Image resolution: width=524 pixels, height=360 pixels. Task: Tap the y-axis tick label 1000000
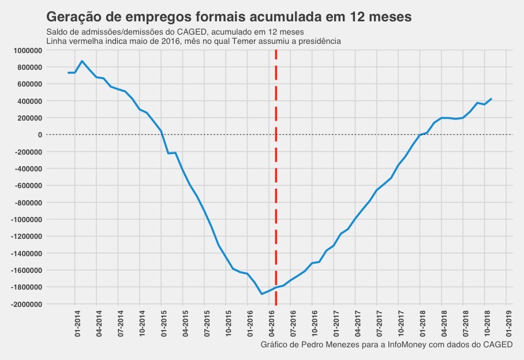(27, 51)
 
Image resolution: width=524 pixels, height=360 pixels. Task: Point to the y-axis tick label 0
(40, 135)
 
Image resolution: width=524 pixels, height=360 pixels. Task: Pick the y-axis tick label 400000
(28, 102)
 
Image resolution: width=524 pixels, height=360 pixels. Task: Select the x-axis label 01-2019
(510, 324)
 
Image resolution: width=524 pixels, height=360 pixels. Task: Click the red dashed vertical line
(276, 173)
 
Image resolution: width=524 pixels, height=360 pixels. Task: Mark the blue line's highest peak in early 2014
(82, 61)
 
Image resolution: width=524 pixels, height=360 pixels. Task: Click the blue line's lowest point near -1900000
(261, 294)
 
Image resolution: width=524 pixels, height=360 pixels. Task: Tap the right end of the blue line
(491, 99)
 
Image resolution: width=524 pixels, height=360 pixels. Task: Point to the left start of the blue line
(68, 73)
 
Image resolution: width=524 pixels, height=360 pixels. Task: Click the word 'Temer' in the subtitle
(244, 42)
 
